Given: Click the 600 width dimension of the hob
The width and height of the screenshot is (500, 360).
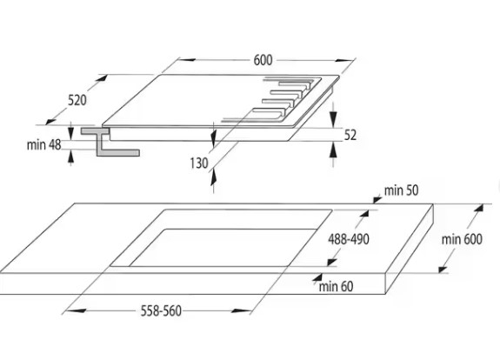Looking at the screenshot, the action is (263, 60).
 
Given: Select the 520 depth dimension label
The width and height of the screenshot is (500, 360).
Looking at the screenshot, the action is (77, 101).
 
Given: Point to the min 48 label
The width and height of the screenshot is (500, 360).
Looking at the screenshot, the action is (44, 144).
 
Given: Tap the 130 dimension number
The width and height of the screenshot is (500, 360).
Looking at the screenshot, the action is (199, 163).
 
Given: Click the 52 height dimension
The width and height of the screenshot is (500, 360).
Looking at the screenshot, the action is (350, 135).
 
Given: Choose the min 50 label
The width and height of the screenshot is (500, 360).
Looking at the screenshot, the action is (401, 190).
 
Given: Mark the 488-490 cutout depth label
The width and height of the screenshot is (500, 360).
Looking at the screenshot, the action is (349, 239).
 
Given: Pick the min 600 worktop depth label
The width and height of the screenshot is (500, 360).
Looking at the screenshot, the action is (462, 239).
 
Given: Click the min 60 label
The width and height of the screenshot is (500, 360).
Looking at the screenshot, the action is (337, 286).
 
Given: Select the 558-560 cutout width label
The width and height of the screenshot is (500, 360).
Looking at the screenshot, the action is (161, 311).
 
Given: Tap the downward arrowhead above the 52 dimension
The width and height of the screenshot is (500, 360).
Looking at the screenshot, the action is (333, 119).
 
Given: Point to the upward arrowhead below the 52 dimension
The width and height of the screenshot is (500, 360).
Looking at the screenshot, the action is (333, 150).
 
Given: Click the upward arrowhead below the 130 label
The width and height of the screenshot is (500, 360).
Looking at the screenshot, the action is (213, 178).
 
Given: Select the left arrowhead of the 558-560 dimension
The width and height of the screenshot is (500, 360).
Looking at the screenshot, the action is (77, 310).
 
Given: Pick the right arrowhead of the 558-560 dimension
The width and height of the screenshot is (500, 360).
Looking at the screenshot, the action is (241, 310).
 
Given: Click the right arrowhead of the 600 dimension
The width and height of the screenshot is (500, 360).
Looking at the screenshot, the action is (344, 60).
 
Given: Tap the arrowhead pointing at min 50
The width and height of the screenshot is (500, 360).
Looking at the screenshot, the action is (377, 200).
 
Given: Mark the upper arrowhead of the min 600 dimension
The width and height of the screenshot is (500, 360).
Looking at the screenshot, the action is (478, 208).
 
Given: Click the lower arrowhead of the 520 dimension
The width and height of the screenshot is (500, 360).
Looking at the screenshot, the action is (50, 122).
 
